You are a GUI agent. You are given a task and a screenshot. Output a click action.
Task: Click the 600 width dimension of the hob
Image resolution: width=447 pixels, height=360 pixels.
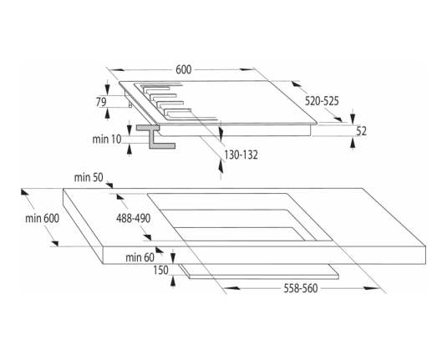click(184, 70)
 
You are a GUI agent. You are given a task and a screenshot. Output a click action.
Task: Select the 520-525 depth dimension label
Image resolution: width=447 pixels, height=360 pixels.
click(322, 101)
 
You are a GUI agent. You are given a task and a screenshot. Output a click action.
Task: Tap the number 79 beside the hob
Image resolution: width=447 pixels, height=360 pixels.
click(101, 102)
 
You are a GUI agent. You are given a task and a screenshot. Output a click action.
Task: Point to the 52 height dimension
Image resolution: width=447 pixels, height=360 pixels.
click(361, 131)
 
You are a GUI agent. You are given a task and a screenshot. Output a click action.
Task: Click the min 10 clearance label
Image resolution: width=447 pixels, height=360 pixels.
click(107, 139)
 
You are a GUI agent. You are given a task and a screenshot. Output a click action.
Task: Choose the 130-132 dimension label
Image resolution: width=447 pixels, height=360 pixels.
click(241, 155)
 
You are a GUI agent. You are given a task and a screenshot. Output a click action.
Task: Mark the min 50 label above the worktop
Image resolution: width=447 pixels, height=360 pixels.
click(89, 178)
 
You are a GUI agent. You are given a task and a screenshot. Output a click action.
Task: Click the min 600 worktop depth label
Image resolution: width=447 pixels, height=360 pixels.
click(42, 219)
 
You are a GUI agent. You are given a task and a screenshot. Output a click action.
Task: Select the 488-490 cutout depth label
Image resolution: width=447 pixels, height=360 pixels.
click(133, 219)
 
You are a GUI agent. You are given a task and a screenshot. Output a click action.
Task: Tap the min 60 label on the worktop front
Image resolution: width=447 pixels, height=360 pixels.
click(140, 257)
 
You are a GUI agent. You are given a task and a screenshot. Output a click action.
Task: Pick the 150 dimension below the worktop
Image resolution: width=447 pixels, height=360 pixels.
click(160, 270)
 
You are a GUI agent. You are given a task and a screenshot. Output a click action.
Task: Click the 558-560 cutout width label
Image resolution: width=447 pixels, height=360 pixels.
click(301, 288)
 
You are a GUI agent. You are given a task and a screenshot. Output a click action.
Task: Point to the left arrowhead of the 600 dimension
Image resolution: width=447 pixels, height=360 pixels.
click(117, 70)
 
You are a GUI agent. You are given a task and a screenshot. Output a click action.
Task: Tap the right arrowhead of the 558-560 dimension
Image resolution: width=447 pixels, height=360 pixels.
click(372, 288)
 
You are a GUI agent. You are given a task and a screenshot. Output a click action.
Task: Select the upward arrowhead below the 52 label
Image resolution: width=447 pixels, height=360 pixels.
click(353, 142)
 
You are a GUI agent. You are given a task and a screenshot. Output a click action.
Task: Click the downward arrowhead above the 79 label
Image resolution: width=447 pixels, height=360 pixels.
click(108, 89)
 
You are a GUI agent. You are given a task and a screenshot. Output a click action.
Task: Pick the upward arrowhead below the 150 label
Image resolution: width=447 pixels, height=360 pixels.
click(172, 281)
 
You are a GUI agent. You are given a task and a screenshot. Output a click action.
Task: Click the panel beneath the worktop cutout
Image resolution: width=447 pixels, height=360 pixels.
click(259, 271)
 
